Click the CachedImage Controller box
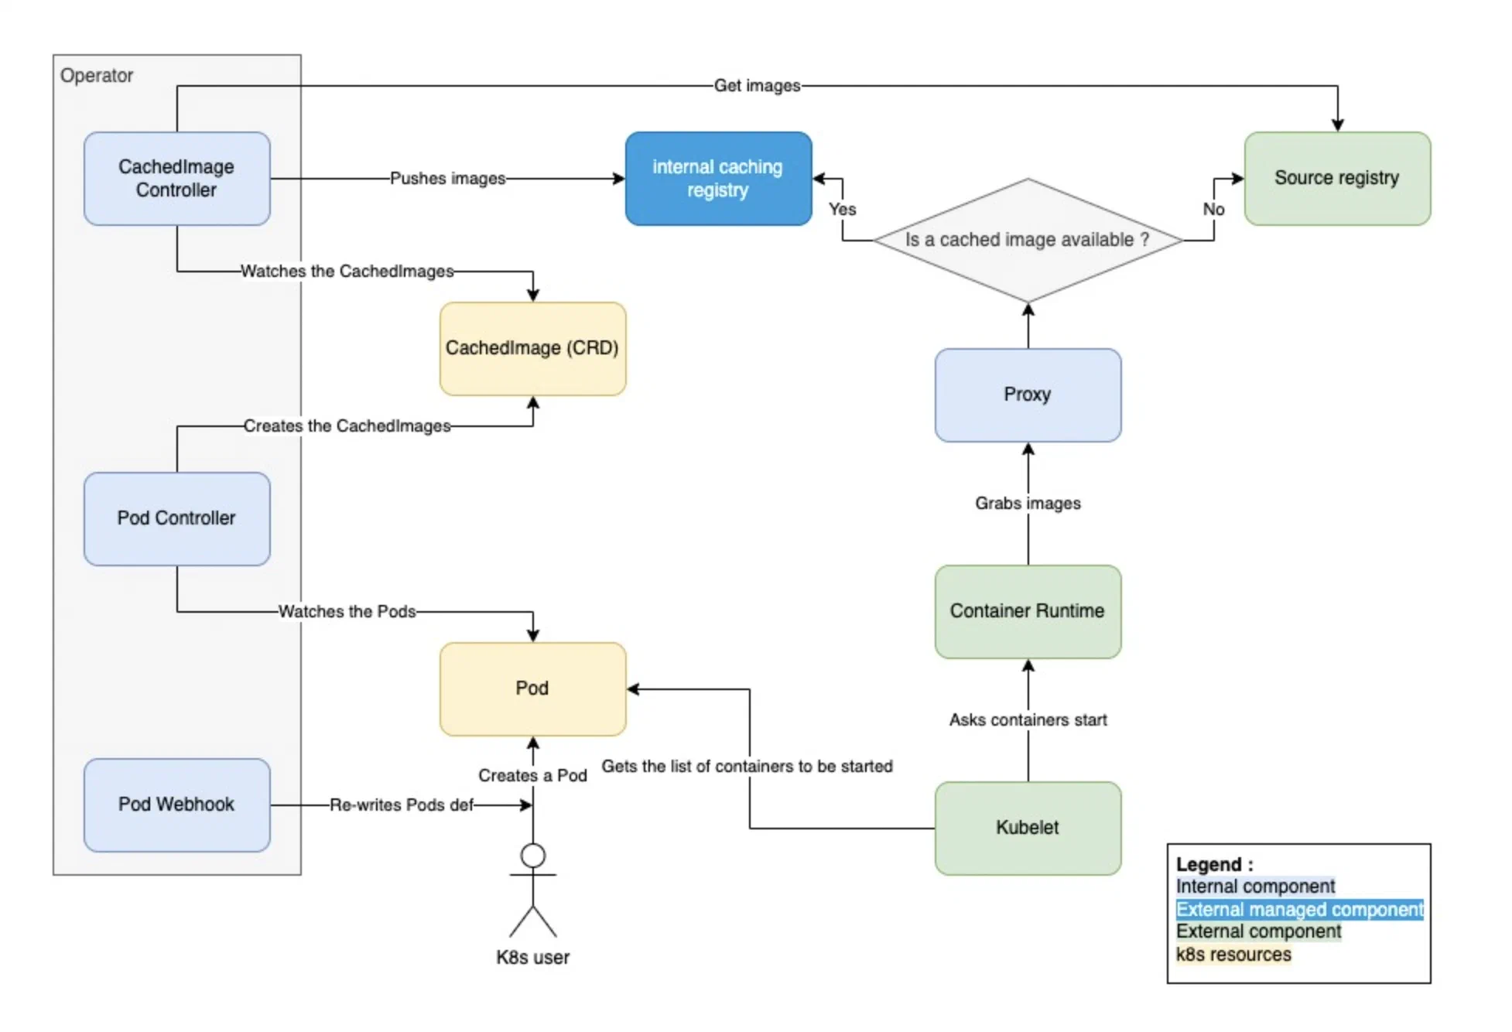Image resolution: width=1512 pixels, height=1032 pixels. tap(176, 179)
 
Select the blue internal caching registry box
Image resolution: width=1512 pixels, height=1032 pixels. tap(717, 179)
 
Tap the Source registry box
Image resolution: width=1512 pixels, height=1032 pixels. tap(1336, 179)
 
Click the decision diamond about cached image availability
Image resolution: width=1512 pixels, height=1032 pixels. tap(1027, 241)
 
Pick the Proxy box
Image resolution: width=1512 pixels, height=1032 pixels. tap(1027, 395)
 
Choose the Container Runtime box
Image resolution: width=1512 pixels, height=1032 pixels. tap(1027, 611)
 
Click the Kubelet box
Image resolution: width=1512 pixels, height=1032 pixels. tap(1027, 828)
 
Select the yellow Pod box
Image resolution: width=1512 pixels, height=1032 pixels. tap(532, 689)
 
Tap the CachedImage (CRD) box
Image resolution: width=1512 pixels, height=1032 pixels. tap(532, 348)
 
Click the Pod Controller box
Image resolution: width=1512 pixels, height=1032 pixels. tap(176, 518)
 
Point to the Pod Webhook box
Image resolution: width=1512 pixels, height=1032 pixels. tap(176, 805)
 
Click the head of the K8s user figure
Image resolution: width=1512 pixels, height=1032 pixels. tap(532, 856)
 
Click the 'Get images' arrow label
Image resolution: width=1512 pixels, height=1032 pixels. tap(756, 86)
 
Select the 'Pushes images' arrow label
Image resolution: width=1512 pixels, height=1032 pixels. tap(447, 179)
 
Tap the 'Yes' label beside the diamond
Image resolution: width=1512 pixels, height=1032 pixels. tap(842, 210)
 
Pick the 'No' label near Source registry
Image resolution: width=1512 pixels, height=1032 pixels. tap(1213, 210)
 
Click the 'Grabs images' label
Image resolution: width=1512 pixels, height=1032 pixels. tap(1027, 504)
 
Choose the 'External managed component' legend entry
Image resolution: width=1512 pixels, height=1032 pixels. tap(1298, 909)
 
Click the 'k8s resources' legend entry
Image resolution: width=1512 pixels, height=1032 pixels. tap(1233, 955)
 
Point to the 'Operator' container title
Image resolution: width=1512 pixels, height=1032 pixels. tap(97, 76)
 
